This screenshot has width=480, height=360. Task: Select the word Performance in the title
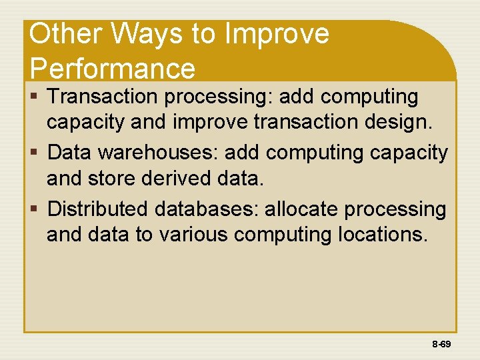pyautogui.click(x=112, y=68)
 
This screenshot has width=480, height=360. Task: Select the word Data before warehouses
pyautogui.click(x=71, y=153)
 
